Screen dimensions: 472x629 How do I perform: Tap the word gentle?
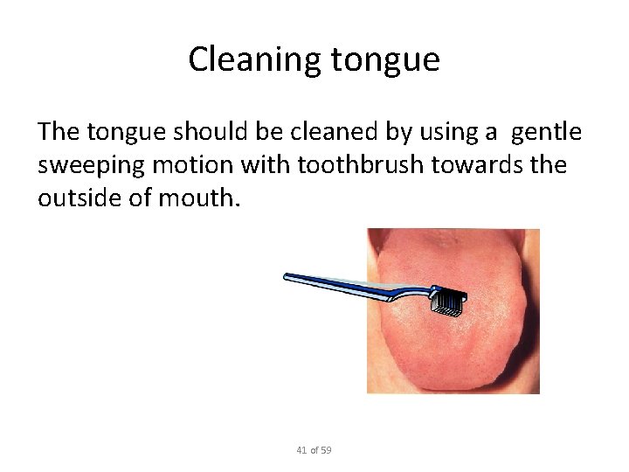tap(546, 131)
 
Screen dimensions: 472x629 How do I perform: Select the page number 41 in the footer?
tap(301, 450)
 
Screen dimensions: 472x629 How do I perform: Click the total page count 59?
tap(326, 450)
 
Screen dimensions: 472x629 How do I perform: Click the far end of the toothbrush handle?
tap(287, 278)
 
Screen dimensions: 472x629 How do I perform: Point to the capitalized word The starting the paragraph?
tap(58, 131)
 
